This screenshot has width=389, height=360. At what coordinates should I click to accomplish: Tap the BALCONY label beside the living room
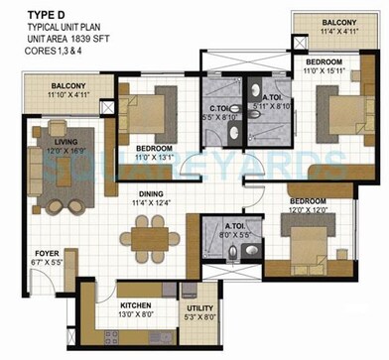coord(68,86)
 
